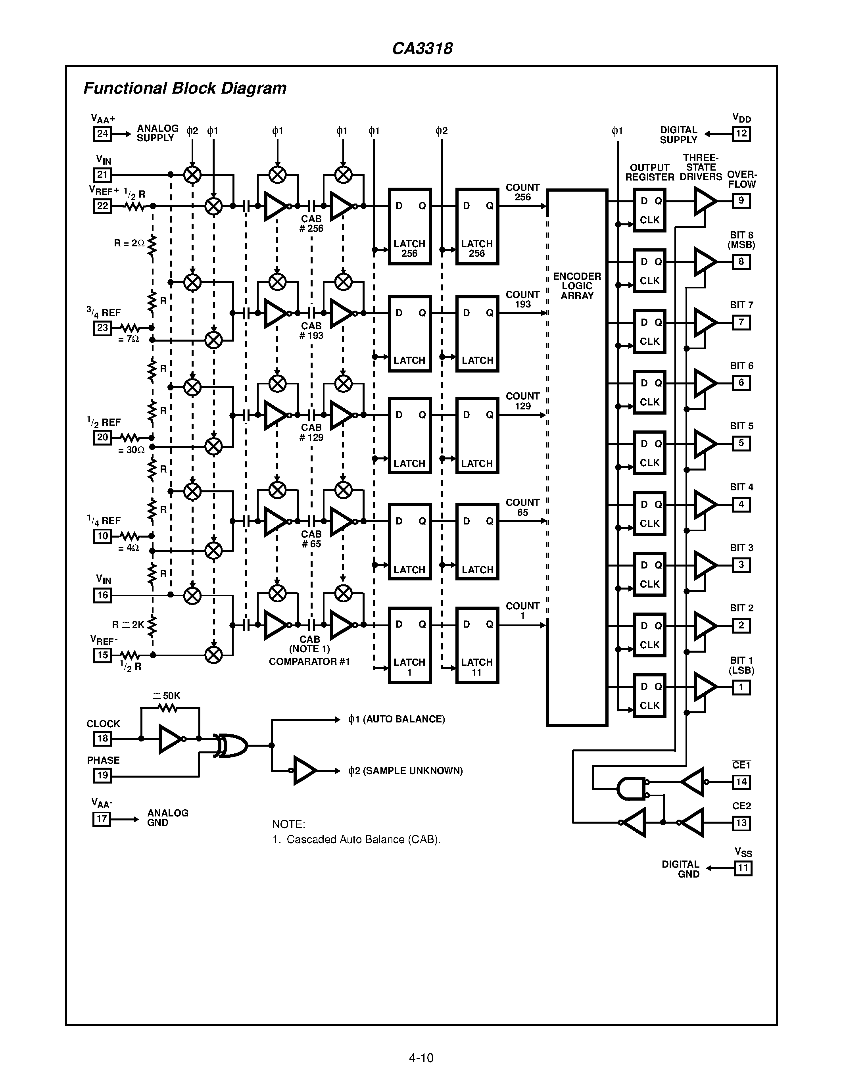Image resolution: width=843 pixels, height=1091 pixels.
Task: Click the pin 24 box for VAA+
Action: pyautogui.click(x=102, y=134)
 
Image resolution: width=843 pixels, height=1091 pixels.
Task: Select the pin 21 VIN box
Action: pyautogui.click(x=102, y=175)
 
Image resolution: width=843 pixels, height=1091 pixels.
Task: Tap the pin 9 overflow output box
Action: pyautogui.click(x=741, y=201)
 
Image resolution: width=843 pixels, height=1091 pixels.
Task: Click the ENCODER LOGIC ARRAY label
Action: pyautogui.click(x=577, y=286)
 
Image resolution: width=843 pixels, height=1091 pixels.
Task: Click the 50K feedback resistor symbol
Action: pyautogui.click(x=167, y=708)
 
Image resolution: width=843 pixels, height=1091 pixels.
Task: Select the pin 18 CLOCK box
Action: pyautogui.click(x=102, y=738)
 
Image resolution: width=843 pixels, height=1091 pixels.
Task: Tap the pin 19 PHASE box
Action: pyautogui.click(x=102, y=775)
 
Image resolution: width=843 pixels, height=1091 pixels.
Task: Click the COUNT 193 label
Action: pyautogui.click(x=522, y=299)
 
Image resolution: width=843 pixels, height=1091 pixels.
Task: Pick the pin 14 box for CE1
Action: pyautogui.click(x=741, y=782)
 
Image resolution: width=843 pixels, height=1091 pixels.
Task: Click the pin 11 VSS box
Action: pyautogui.click(x=743, y=868)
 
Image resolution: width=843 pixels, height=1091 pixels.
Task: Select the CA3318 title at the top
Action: pyautogui.click(x=422, y=48)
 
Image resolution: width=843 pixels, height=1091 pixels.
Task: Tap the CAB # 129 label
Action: pyautogui.click(x=311, y=432)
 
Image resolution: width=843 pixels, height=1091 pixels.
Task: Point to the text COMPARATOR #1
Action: pyautogui.click(x=309, y=661)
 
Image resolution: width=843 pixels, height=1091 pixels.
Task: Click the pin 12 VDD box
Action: pyautogui.click(x=741, y=134)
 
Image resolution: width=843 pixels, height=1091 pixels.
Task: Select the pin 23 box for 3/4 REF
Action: pyautogui.click(x=102, y=328)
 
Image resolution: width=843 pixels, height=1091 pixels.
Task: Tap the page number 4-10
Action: pyautogui.click(x=421, y=1058)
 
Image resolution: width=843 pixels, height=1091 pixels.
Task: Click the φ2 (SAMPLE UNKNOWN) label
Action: pyautogui.click(x=405, y=771)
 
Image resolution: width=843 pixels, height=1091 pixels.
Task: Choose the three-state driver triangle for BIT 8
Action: pyautogui.click(x=705, y=261)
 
